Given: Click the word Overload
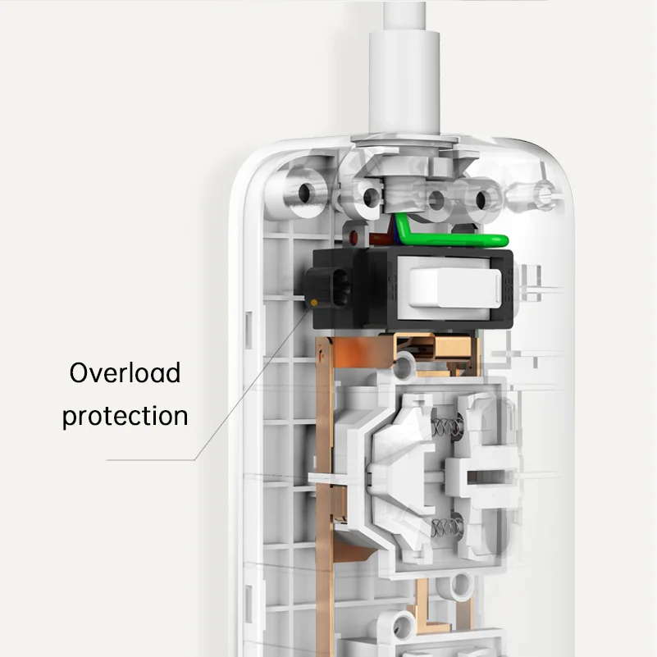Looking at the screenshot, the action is pos(125,372).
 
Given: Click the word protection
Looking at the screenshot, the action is pos(125,416).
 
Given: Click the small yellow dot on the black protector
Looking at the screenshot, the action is pos(316,303).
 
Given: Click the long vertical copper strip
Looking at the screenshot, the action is pos(326,492).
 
